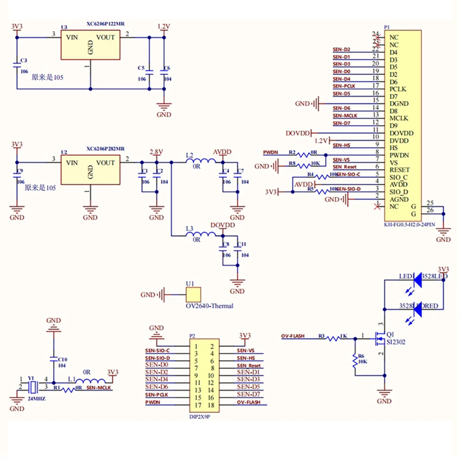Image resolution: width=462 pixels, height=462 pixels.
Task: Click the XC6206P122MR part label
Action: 105,24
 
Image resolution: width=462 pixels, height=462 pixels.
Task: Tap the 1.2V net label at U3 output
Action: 164,26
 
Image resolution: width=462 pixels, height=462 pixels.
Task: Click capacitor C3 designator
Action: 24,61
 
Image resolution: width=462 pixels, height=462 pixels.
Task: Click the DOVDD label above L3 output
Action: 223,225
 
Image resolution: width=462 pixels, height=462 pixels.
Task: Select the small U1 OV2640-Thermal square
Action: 193,294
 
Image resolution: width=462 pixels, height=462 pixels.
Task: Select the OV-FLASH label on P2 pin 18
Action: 249,402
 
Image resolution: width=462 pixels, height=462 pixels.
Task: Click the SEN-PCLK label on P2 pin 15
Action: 157,395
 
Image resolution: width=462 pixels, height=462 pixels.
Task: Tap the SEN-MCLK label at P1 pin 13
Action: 345,115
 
